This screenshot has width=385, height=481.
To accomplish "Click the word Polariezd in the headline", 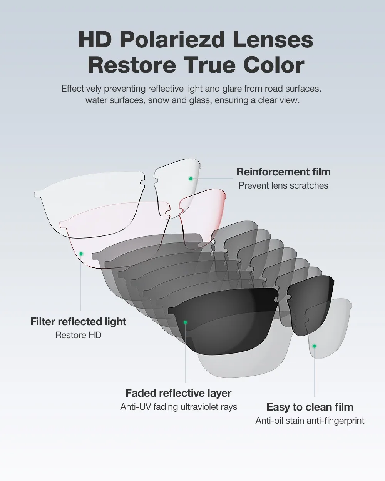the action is tap(172, 40).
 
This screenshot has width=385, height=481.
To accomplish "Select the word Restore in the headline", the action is tap(132, 65).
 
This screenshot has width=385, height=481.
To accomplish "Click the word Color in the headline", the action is tap(274, 65).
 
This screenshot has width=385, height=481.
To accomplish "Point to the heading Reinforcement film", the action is tap(283, 172).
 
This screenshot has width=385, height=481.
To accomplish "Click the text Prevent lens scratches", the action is tap(283, 185).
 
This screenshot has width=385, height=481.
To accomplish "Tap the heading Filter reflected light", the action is tap(78, 322).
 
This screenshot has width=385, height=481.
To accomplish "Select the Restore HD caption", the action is tap(78, 335).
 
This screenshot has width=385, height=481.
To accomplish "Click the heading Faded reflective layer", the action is tap(179, 393).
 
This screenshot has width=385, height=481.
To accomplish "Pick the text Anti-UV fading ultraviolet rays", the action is tap(179, 407).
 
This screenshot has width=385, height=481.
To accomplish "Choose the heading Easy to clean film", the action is tap(310, 407).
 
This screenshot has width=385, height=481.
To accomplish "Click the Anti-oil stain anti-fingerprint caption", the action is tap(310, 421).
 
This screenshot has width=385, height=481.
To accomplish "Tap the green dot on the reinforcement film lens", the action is tap(191, 179).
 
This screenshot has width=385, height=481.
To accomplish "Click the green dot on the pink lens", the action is tap(81, 254).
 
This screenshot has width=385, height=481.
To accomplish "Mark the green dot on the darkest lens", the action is tap(185, 322).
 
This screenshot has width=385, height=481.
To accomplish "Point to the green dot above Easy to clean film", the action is tap(314, 346).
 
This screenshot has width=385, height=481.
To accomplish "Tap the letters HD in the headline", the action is tap(95, 40).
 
